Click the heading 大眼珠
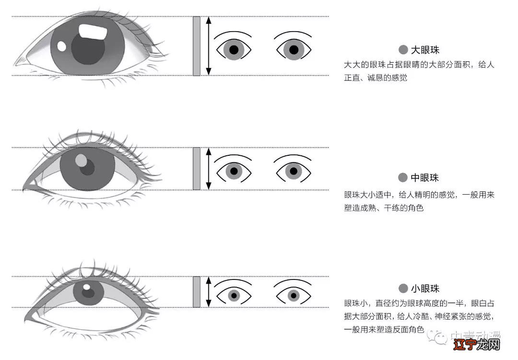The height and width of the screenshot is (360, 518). (x=425, y=50)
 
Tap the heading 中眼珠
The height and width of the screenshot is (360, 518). (x=425, y=178)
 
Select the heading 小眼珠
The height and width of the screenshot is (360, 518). (x=425, y=289)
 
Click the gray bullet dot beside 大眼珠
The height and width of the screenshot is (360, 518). (x=403, y=50)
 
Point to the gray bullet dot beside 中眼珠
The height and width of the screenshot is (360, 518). (x=403, y=178)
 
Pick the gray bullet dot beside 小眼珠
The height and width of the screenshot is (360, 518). (x=403, y=289)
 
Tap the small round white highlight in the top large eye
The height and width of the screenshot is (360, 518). (x=61, y=46)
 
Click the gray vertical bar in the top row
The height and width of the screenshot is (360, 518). (x=196, y=46)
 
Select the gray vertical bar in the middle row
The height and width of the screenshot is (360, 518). (x=196, y=169)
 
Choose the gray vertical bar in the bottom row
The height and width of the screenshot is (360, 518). (x=196, y=292)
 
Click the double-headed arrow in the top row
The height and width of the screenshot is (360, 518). (x=208, y=46)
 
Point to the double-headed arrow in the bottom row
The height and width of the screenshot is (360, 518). (x=208, y=292)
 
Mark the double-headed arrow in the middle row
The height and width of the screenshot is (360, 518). (x=208, y=169)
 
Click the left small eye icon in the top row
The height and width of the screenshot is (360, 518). (x=234, y=48)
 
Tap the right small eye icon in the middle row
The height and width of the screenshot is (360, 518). (x=293, y=170)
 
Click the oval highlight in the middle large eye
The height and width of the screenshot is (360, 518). (x=82, y=160)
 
